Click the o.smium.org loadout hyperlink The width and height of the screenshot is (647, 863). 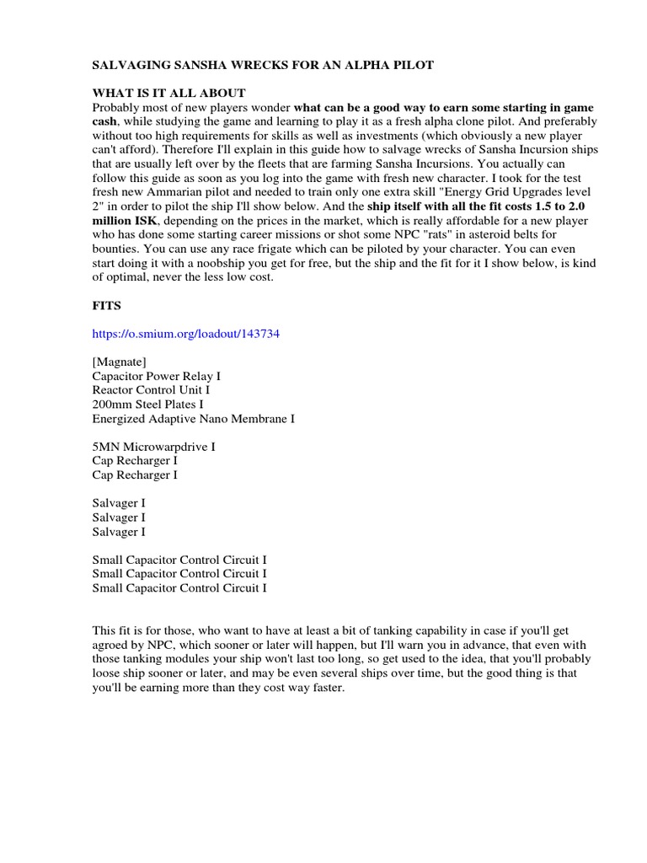(x=185, y=334)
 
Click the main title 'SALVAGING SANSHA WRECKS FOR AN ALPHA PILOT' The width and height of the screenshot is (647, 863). (x=263, y=65)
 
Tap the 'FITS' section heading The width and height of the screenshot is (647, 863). (x=107, y=307)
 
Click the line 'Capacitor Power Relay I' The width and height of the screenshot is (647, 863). (x=157, y=376)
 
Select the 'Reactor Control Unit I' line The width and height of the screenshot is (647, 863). (x=151, y=390)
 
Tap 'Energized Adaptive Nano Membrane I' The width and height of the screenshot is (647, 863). (x=193, y=419)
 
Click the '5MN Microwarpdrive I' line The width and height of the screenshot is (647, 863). (x=153, y=447)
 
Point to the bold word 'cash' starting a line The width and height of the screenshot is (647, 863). (x=105, y=121)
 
